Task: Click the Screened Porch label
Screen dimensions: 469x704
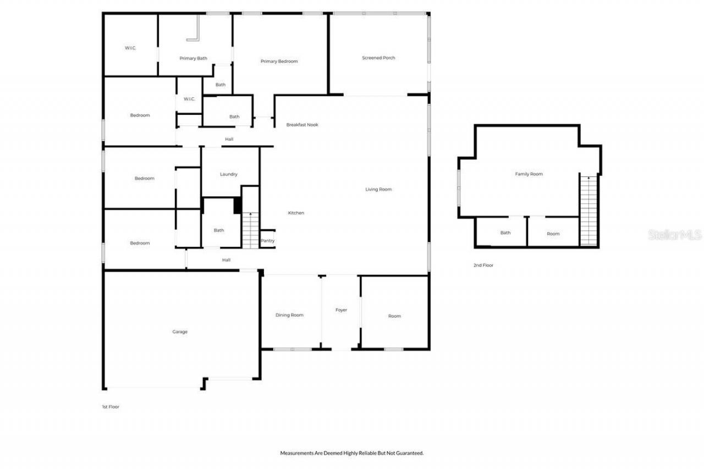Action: [378, 58]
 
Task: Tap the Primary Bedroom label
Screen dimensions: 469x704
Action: [279, 61]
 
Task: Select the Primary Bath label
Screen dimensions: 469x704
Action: [193, 58]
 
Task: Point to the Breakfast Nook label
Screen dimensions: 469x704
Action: [302, 125]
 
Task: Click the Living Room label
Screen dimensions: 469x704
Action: [378, 189]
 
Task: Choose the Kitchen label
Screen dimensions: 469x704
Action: [296, 213]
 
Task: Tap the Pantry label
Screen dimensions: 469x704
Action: [268, 240]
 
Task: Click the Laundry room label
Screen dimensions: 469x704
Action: [228, 174]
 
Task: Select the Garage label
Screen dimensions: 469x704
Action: [180, 332]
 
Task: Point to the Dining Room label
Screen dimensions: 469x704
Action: [289, 315]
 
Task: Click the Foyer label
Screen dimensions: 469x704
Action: [341, 310]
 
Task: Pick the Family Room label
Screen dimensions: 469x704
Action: [529, 174]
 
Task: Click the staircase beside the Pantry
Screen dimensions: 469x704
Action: [250, 230]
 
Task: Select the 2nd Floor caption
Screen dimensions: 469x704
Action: [483, 265]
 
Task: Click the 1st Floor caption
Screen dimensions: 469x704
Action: [110, 407]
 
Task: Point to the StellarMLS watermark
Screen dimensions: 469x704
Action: [675, 235]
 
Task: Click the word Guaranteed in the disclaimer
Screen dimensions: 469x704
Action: [410, 453]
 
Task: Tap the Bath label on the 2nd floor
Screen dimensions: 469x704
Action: [505, 233]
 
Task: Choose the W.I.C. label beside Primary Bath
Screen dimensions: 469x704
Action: [130, 48]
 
